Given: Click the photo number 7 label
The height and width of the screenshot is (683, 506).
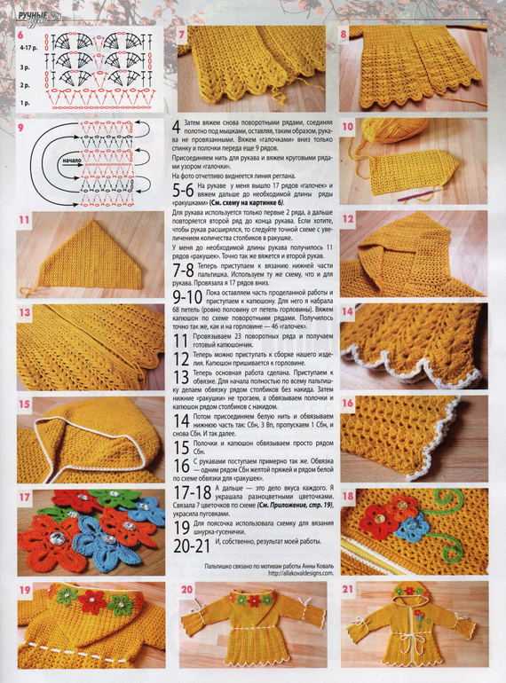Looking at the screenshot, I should (x=183, y=35).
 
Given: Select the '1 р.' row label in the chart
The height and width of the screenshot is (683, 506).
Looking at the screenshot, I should (x=26, y=103).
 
